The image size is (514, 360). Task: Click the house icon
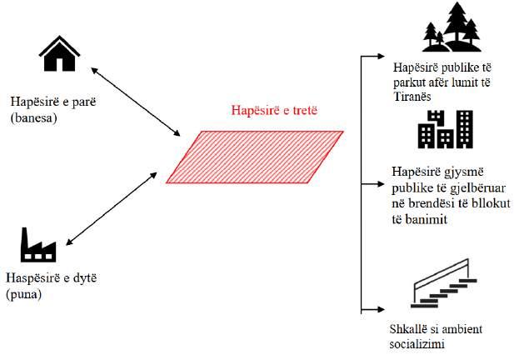coord(60,54)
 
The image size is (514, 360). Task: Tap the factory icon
coord(37,245)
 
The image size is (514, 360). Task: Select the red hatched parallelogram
coord(254,156)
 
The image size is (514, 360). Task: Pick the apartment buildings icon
coord(446,130)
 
